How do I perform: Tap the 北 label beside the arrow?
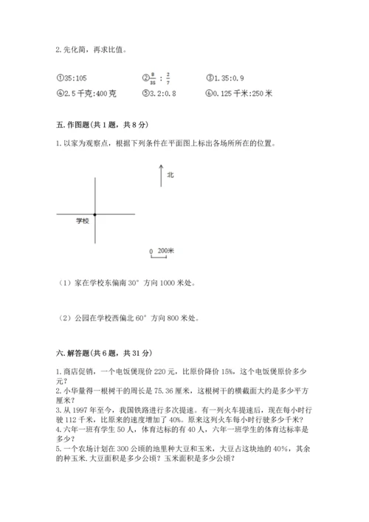point(170,175)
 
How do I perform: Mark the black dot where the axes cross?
point(95,214)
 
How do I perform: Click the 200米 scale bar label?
point(166,251)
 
